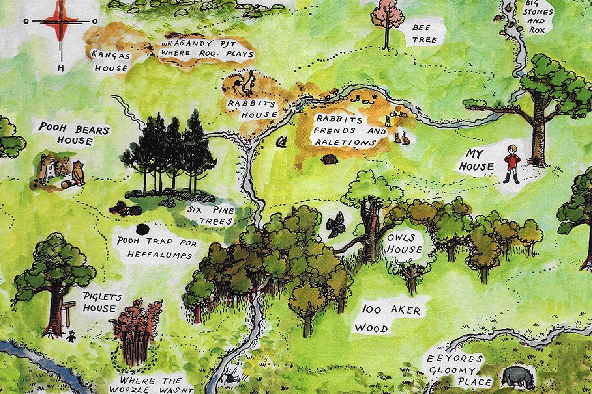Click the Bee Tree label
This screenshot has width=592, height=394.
point(424,33)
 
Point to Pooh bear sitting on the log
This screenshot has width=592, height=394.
point(79,173)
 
